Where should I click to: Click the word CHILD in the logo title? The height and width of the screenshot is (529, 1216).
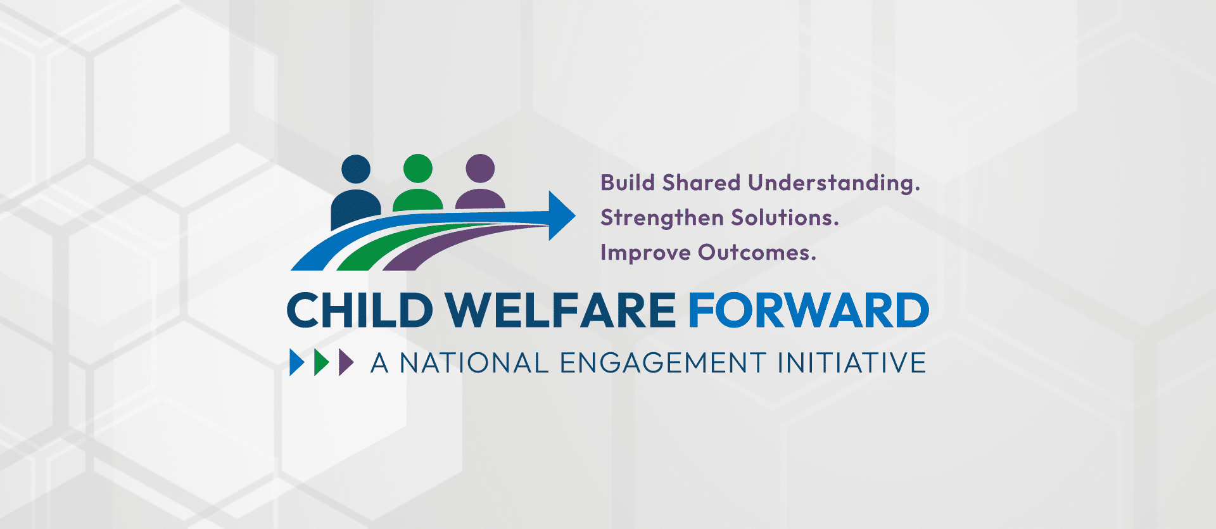[360, 310]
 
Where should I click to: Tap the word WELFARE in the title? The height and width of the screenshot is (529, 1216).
[561, 310]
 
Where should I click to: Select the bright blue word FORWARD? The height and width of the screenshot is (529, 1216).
[809, 310]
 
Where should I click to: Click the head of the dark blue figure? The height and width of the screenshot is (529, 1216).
[356, 169]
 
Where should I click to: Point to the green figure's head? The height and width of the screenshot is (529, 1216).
[418, 169]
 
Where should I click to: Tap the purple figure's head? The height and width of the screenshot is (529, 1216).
[480, 169]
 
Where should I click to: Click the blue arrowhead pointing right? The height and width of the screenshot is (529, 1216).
[562, 215]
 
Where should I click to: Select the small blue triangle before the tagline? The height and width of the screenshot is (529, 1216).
[297, 362]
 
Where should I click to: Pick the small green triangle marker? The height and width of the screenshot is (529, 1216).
[322, 362]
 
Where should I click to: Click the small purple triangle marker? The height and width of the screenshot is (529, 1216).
[346, 362]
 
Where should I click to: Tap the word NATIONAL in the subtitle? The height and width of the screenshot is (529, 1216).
[474, 363]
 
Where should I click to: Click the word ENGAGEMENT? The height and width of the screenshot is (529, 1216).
[663, 363]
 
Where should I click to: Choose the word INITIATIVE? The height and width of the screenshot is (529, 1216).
[852, 363]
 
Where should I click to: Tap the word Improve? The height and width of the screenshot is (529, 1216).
[645, 253]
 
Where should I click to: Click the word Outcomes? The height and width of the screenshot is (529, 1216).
[757, 253]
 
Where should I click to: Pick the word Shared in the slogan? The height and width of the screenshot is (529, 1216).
[701, 183]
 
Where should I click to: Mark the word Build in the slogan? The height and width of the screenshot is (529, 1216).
[628, 183]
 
